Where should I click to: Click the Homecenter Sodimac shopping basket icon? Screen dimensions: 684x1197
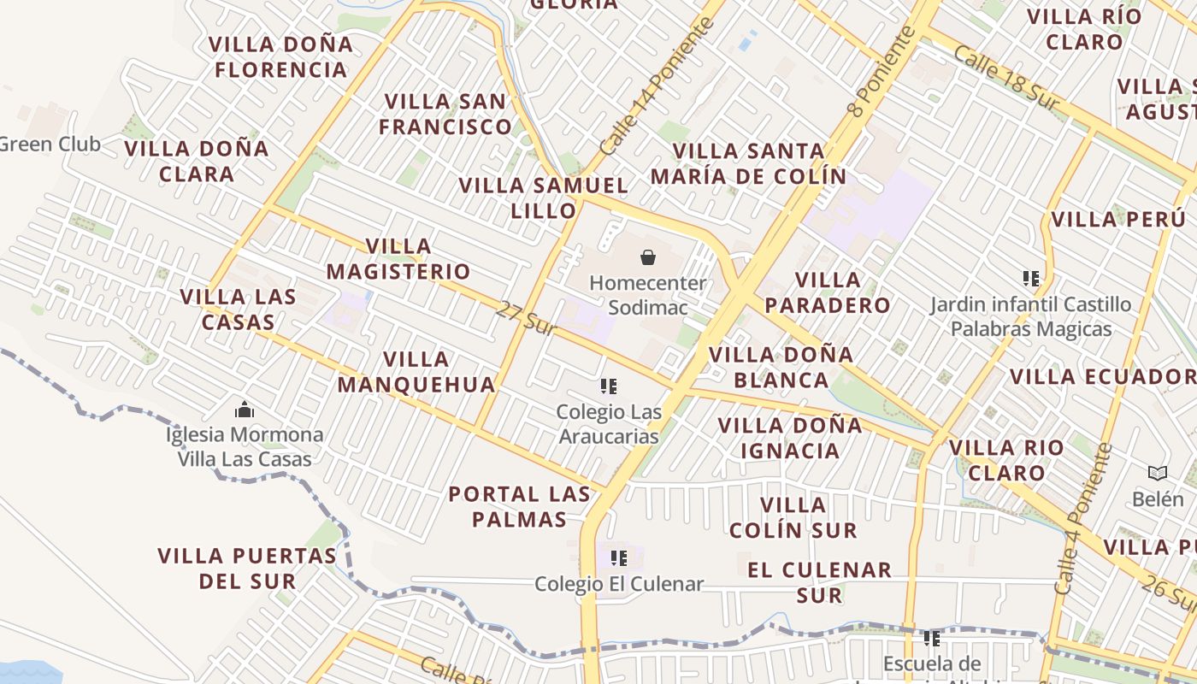[x=648, y=256]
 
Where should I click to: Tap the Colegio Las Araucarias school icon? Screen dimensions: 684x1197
[x=609, y=386]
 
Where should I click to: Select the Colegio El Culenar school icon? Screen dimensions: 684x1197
[x=619, y=559]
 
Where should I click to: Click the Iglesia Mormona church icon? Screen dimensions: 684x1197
[x=245, y=410]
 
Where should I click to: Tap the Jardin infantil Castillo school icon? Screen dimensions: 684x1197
[x=1031, y=279]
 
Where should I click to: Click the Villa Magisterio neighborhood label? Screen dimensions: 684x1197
[x=398, y=259]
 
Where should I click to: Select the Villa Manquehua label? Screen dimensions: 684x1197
[x=416, y=372]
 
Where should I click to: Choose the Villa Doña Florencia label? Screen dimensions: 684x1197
[x=280, y=56]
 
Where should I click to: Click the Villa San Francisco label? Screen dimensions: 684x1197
[x=445, y=114]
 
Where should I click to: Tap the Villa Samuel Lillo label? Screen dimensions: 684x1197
[x=544, y=198]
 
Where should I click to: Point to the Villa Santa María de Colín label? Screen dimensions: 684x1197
[x=748, y=163]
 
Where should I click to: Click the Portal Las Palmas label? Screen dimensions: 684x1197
[x=519, y=506]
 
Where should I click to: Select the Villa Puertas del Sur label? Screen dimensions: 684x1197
[x=247, y=568]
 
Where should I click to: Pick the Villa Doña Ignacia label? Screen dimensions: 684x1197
[x=790, y=438]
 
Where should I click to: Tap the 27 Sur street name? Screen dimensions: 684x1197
[x=526, y=317]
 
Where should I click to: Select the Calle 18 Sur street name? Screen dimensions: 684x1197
[x=1005, y=79]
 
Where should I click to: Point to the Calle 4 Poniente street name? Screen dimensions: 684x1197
[x=1083, y=519]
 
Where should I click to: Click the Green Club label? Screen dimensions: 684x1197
[x=50, y=144]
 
